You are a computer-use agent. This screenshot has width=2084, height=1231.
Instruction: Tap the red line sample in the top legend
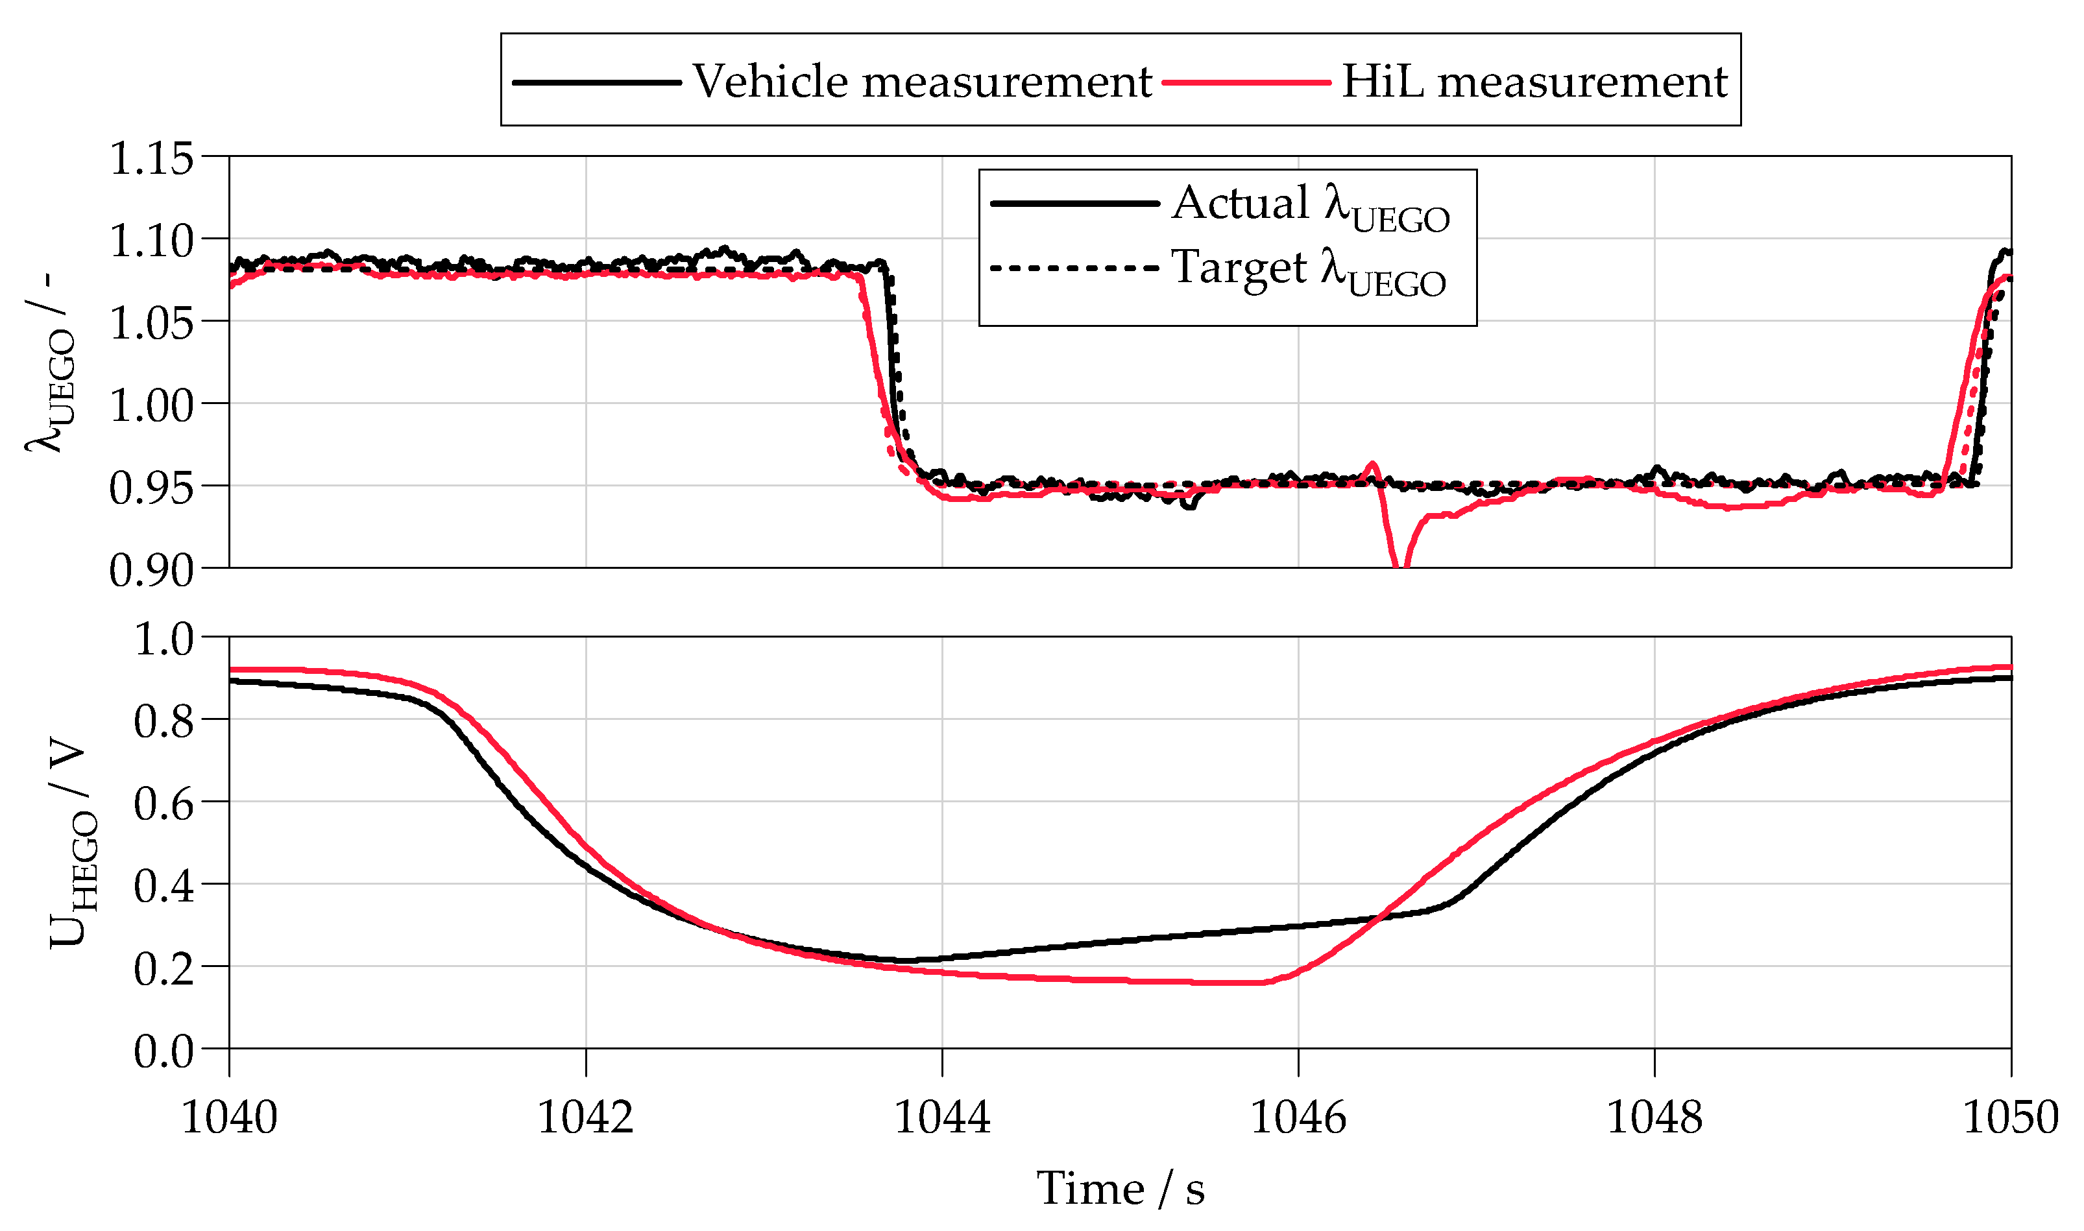tap(1246, 82)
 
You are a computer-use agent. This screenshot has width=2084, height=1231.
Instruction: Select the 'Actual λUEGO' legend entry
tap(1311, 205)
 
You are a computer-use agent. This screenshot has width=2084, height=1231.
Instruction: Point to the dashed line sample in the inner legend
tap(1074, 268)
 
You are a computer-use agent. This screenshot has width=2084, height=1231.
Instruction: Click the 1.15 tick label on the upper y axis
tap(151, 158)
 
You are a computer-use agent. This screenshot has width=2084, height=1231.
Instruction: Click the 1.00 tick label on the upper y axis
tap(151, 405)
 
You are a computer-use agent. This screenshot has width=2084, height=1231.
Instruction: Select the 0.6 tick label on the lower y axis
tap(164, 803)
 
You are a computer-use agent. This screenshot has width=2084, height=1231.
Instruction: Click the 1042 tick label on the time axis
tap(586, 1117)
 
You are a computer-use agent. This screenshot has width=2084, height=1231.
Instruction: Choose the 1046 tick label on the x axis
tap(1298, 1117)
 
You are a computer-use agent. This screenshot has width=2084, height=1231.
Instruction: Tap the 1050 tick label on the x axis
tap(2009, 1117)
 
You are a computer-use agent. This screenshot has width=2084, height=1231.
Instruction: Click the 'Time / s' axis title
tap(1120, 1188)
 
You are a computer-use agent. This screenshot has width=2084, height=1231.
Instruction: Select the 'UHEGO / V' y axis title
tap(73, 843)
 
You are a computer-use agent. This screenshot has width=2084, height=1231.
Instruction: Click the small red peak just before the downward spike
tap(1372, 464)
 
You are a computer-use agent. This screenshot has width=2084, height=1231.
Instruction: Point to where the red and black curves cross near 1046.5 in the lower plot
tap(1377, 918)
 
